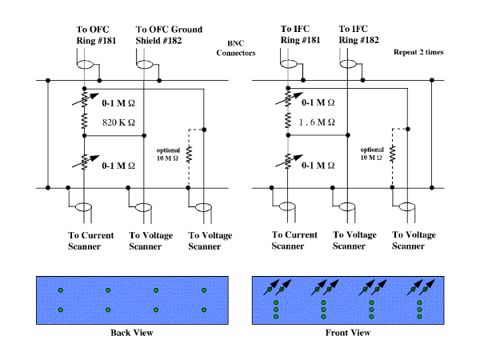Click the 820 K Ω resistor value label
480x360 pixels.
pos(118,122)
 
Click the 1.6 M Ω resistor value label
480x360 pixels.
pos(317,122)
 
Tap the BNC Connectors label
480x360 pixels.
pos(236,48)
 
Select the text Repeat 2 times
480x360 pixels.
pos(418,52)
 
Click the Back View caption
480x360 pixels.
pos(132,333)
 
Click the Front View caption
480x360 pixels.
pos(348,333)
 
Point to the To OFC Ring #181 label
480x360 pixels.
pos(96,35)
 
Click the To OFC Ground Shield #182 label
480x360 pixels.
pos(169,35)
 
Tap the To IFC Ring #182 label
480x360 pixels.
pos(358,34)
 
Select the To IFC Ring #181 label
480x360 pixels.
pos(300,34)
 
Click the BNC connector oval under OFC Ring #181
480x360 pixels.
pos(85,65)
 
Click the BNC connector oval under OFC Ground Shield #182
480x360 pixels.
pos(145,65)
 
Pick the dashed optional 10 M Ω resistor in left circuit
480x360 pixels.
pos(189,154)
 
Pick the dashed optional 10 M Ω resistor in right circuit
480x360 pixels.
pos(393,154)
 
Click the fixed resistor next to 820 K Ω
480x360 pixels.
pos(85,121)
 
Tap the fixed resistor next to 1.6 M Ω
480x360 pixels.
pos(288,120)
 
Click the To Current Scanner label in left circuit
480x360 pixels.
pos(90,241)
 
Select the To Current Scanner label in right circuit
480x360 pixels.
pos(294,240)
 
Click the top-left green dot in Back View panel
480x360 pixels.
pos(61,290)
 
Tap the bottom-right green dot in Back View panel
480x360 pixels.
pos(204,310)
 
